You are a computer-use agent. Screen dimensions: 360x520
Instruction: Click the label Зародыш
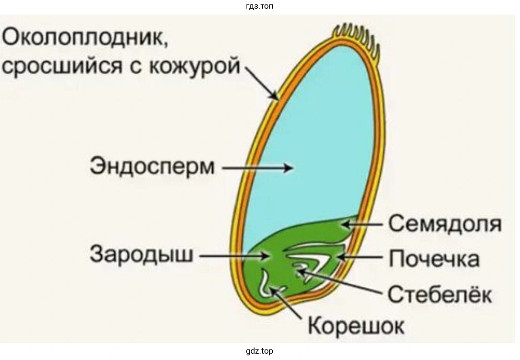(x=141, y=255)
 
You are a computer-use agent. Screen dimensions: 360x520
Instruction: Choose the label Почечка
(x=434, y=259)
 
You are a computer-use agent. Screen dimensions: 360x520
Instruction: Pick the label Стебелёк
(x=439, y=294)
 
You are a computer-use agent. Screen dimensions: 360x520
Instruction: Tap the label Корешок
(x=356, y=325)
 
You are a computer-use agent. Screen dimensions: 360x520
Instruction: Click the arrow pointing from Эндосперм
(x=257, y=168)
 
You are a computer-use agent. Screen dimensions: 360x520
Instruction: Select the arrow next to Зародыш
(x=234, y=256)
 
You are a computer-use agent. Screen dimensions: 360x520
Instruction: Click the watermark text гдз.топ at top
(x=260, y=6)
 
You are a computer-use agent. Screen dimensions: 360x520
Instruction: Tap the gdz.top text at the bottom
(x=260, y=351)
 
